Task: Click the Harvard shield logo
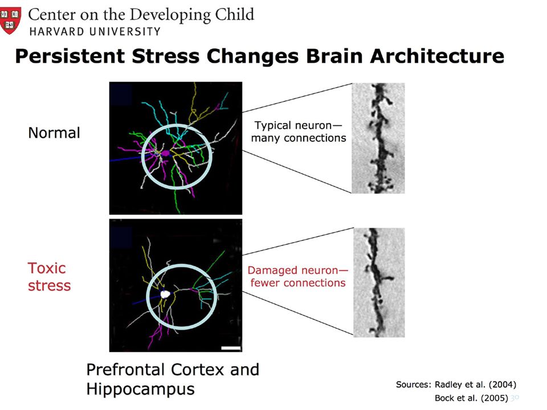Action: [x=10, y=20]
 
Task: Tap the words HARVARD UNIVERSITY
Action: [x=95, y=31]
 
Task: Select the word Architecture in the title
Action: [x=437, y=56]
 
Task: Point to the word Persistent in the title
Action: [x=70, y=56]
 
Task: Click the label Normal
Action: [x=54, y=133]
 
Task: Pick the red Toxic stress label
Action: [x=49, y=277]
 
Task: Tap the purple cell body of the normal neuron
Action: [x=165, y=153]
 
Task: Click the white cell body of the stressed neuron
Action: [x=165, y=294]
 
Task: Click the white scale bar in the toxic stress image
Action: [x=231, y=348]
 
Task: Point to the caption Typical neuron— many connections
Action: [x=299, y=132]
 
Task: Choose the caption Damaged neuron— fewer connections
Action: [x=298, y=277]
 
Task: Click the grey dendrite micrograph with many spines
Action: [x=378, y=138]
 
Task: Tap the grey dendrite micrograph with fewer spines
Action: [x=379, y=282]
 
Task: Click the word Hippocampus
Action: [x=140, y=389]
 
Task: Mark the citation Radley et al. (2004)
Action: [x=475, y=384]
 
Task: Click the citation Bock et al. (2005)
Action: [x=471, y=398]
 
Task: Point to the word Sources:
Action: [x=414, y=384]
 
